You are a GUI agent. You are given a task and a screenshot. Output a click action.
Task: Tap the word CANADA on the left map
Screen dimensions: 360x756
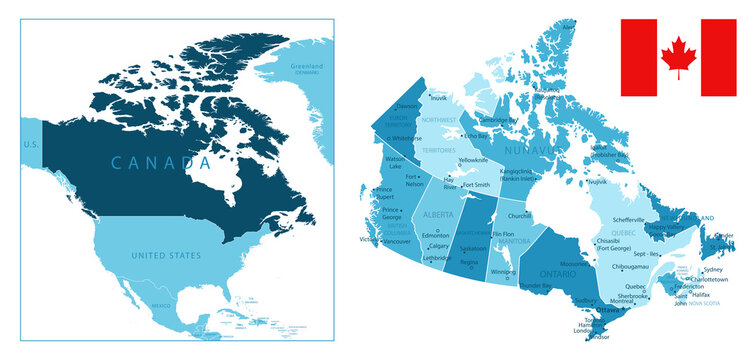pos(153,162)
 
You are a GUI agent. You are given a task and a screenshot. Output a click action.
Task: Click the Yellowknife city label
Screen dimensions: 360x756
pos(474,160)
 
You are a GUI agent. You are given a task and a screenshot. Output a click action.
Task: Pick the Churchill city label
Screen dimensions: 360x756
pos(519,216)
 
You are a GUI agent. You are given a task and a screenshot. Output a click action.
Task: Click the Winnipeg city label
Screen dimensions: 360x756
pos(504,272)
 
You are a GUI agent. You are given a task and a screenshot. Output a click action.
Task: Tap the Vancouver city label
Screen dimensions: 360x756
pos(397,242)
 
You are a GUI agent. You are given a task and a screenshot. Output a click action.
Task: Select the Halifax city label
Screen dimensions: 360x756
pos(700,294)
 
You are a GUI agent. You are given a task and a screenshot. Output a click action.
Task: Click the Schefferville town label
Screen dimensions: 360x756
pos(630,219)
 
